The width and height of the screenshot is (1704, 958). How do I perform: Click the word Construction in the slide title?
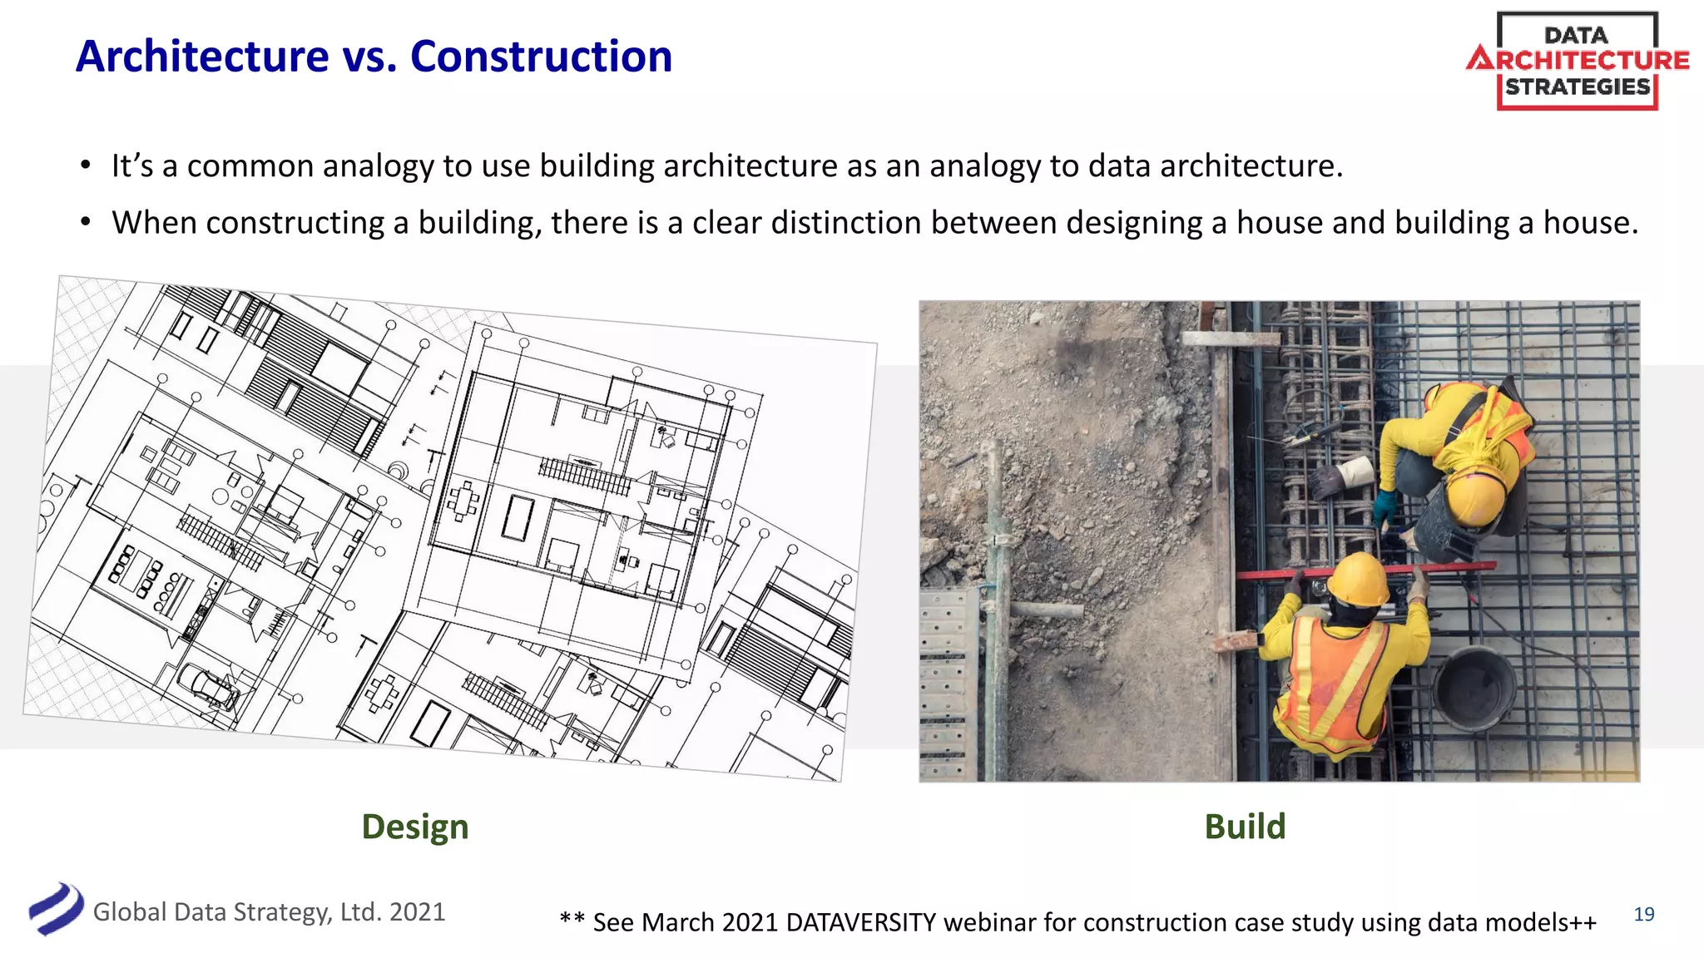541,57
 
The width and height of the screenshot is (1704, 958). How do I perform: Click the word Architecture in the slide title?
202,57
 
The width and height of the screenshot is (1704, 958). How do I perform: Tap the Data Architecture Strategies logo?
1578,61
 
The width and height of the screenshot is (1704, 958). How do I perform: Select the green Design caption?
415,827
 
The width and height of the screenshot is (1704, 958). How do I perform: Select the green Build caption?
1245,827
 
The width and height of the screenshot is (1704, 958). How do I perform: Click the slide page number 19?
1644,914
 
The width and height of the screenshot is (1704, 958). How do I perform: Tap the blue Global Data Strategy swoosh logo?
55,909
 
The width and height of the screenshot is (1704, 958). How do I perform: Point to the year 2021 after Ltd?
417,912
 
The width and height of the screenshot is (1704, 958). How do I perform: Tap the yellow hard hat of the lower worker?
1358,579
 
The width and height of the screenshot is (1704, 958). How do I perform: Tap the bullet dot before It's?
85,165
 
